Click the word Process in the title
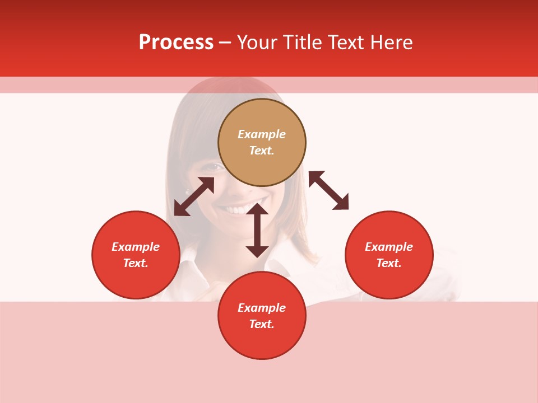coord(176,43)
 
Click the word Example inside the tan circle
coord(262,134)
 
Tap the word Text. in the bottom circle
coord(262,324)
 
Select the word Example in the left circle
coord(136,247)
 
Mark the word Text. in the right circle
coord(389,263)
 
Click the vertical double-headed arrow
coord(257,230)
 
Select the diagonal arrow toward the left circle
coord(194,196)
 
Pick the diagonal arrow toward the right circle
coord(328,190)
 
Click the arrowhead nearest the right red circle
coord(341,203)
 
